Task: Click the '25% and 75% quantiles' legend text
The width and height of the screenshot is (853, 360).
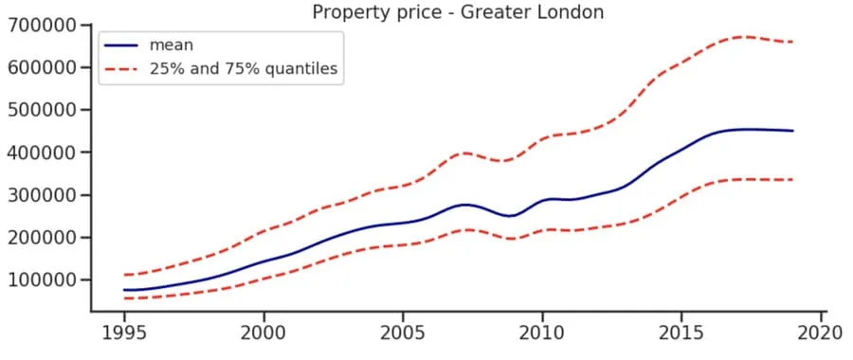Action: click(x=243, y=68)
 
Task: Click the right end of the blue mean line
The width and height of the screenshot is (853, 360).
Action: click(x=792, y=131)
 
